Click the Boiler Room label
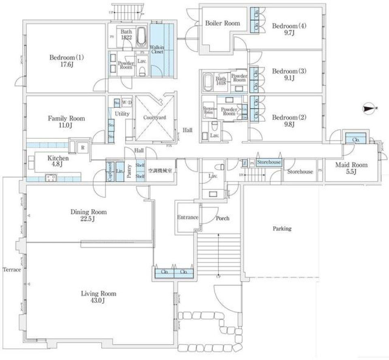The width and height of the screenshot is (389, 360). pos(222,23)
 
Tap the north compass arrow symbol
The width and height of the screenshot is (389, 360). pos(369,108)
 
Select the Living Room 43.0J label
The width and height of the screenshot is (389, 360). pos(98,297)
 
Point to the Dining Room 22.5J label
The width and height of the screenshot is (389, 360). pos(88,215)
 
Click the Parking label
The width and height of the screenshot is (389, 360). pos(282,229)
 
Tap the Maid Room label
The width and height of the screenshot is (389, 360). pos(351,168)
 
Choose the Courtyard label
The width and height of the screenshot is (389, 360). pos(154,118)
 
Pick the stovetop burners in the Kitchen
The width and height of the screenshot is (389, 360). pos(51,178)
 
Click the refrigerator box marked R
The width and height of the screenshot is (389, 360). pos(82,148)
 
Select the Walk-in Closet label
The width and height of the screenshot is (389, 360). pos(157,49)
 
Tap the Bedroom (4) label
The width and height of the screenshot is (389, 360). pos(289,30)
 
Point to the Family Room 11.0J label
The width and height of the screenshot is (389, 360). pos(66,122)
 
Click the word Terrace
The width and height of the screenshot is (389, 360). pos(12,270)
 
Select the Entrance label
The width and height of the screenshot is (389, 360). pos(188,217)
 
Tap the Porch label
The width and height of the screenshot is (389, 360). pos(222,218)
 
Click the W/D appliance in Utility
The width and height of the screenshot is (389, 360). pos(127,102)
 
